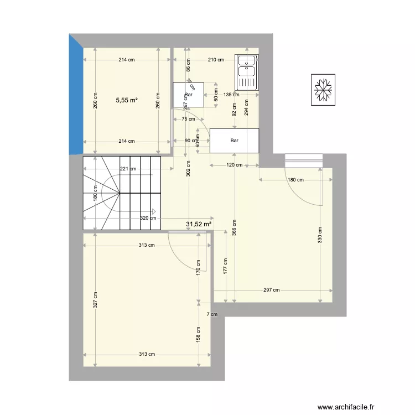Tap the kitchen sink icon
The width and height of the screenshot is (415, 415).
(247, 72)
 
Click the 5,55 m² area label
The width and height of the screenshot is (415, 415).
(127, 101)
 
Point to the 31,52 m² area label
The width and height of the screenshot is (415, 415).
(199, 224)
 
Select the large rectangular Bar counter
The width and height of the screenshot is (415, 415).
(235, 141)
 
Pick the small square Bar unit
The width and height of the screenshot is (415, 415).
(188, 95)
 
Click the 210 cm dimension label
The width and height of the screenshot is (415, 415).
(215, 60)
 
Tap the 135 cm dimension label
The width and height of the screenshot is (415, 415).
(231, 94)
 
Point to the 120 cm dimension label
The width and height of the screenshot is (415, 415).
(235, 165)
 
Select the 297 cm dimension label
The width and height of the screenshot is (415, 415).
(272, 290)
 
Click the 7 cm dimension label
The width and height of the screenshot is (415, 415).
(211, 314)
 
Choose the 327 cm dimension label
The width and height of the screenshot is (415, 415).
(95, 300)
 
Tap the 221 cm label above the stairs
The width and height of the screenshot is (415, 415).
(128, 169)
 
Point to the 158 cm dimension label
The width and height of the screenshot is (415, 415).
(199, 334)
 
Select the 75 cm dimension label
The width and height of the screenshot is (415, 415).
(189, 119)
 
